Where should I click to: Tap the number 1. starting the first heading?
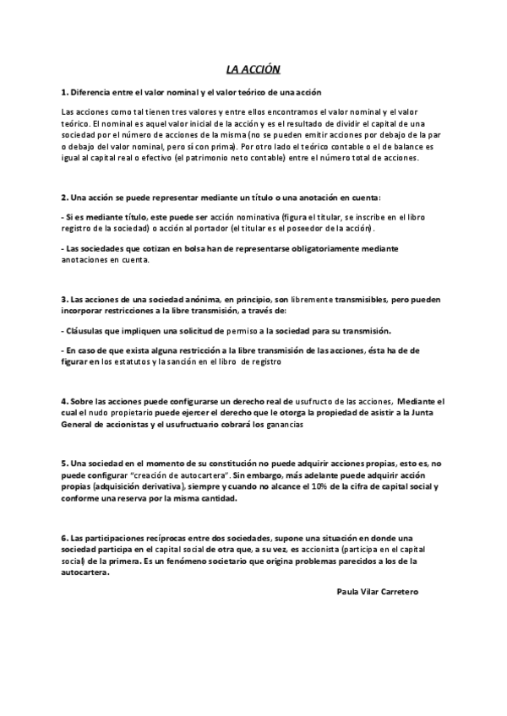(64, 91)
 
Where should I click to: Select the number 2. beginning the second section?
(64, 198)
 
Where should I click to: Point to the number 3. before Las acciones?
(64, 299)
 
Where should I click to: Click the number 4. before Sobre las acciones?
(64, 400)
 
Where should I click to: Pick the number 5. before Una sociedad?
(64, 464)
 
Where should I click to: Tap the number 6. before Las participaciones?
(64, 538)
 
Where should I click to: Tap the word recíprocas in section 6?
(145, 538)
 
